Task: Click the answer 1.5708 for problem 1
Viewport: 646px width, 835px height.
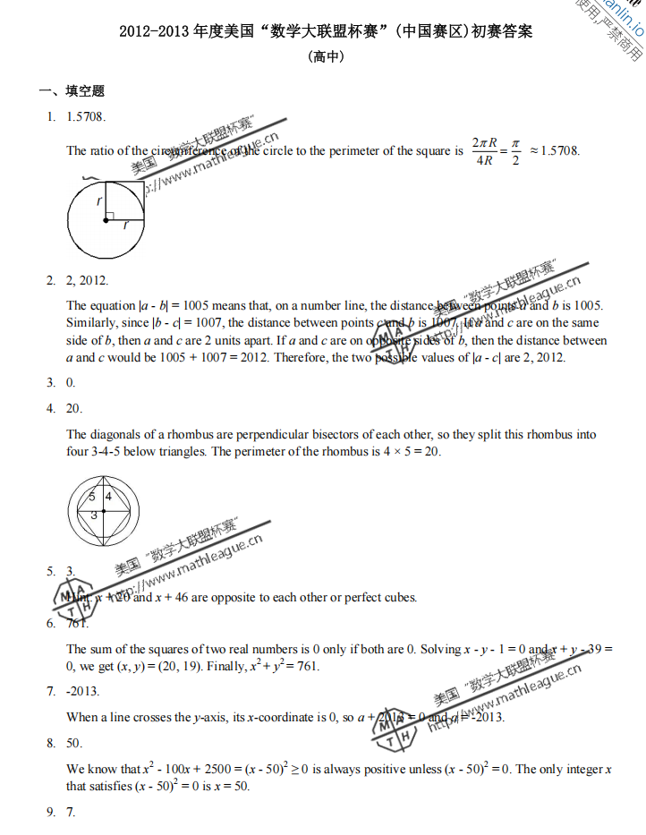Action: pos(86,116)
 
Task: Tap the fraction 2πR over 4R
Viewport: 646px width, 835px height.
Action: pos(486,150)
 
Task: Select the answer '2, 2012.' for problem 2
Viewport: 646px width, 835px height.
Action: pos(87,280)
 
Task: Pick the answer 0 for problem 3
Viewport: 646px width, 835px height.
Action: pos(71,383)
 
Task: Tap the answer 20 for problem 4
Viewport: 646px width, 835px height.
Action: pos(74,409)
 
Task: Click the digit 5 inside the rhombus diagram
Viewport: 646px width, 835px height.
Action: pos(92,496)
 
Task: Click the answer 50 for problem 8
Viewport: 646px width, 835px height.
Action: pos(74,743)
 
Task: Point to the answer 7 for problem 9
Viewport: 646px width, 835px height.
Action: pos(71,812)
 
